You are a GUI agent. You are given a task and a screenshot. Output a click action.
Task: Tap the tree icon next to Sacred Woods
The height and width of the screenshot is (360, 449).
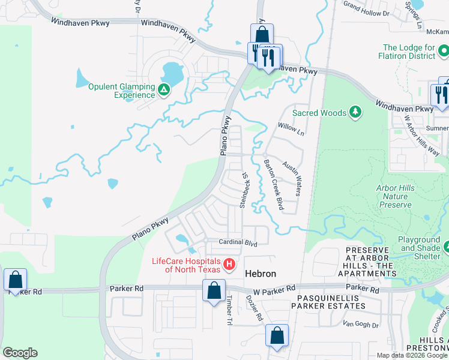355,112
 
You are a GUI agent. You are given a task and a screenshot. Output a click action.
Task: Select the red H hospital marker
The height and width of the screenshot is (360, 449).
229,264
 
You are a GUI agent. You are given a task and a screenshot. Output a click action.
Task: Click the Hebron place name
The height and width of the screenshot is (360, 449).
261,274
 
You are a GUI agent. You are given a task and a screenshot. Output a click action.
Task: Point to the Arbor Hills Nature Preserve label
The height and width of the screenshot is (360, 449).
395,196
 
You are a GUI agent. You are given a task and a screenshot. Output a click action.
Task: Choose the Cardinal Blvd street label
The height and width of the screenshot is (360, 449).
238,244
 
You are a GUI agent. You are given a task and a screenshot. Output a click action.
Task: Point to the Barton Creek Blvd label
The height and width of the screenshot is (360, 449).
273,184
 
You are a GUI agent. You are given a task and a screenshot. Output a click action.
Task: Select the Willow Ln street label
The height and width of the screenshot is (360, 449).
291,129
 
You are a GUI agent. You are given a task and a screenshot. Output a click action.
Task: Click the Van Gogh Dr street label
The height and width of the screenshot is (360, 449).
360,325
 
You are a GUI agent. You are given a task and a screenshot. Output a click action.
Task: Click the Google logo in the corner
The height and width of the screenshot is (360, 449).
20,353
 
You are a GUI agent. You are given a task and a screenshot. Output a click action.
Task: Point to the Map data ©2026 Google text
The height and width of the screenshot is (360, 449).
411,355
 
